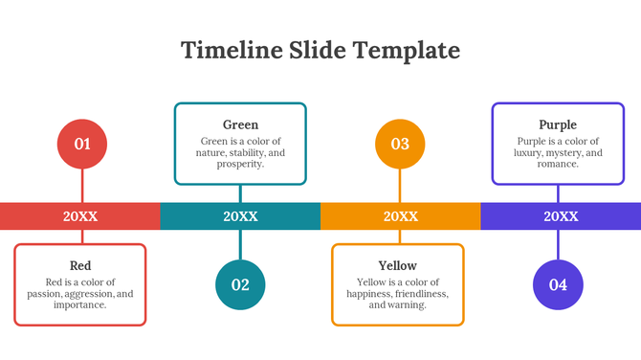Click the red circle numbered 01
pos(82,145)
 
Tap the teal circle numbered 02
pos(240,284)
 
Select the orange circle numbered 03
pos(400,145)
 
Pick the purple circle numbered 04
pos(558,284)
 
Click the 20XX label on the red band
pos(80,216)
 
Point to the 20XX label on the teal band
pos(240,216)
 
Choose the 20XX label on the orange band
pos(400,216)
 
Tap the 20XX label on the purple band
pos(561,216)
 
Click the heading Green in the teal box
pos(240,124)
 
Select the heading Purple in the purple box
pos(558,124)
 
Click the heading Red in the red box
pos(80,265)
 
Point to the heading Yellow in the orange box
pos(398,265)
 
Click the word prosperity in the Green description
pos(237,164)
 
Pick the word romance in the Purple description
pos(558,164)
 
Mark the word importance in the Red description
pos(80,305)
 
